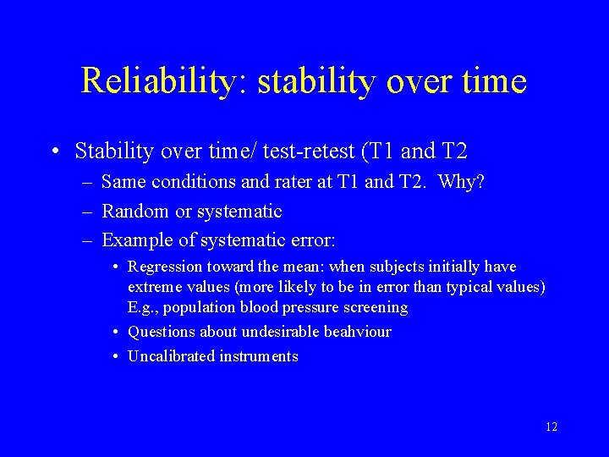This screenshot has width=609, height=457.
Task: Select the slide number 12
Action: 551,427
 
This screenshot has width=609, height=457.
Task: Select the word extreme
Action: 155,288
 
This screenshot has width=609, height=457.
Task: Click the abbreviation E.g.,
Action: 143,307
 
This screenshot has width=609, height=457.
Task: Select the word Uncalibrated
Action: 172,356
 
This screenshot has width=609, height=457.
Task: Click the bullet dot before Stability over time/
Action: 54,152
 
